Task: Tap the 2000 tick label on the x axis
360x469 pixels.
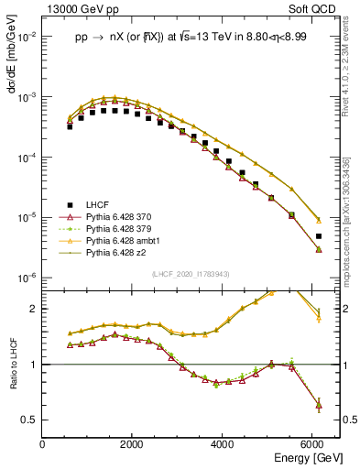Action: [x=133, y=444]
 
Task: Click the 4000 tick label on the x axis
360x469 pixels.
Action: [x=223, y=444]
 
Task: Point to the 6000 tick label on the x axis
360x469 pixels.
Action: [x=312, y=444]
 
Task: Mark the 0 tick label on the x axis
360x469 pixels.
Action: [x=43, y=444]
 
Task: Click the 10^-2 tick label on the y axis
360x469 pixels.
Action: [x=27, y=38]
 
